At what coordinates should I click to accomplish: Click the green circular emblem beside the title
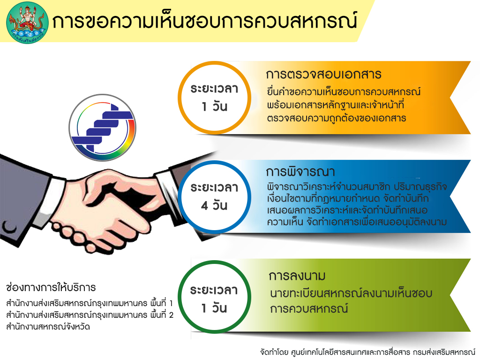(x=27, y=22)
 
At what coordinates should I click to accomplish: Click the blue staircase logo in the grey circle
(x=103, y=127)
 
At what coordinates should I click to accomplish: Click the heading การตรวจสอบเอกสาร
(x=323, y=75)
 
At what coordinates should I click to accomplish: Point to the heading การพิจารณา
(x=300, y=172)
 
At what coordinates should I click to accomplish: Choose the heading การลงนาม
(x=297, y=276)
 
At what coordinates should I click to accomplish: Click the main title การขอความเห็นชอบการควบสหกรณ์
(x=204, y=21)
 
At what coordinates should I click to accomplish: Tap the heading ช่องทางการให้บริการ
(x=51, y=287)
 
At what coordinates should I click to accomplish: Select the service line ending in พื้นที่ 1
(x=90, y=303)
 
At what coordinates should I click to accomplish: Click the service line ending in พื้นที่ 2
(x=90, y=315)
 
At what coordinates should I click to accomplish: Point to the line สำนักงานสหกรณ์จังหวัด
(x=48, y=327)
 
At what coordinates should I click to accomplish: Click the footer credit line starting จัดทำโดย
(x=367, y=352)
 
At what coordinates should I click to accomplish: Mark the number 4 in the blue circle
(x=204, y=206)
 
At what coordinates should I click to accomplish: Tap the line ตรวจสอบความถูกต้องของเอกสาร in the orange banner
(x=337, y=118)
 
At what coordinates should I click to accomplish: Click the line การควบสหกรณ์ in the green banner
(x=309, y=308)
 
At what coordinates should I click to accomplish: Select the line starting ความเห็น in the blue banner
(x=357, y=222)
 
